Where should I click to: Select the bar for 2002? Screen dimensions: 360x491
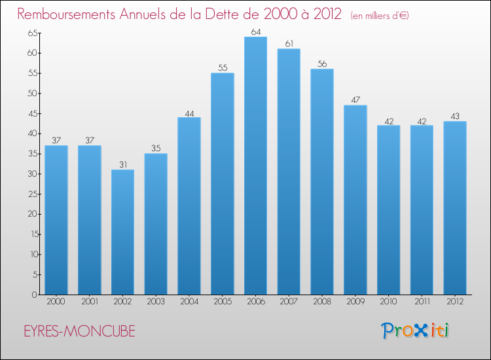(x=122, y=232)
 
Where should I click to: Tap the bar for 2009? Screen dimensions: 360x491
(x=355, y=200)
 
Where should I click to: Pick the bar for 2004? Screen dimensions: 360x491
(x=189, y=206)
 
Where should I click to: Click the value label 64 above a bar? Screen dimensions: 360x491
(x=255, y=31)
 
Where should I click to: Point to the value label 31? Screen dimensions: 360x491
(x=122, y=164)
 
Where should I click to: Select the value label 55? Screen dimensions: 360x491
(x=222, y=67)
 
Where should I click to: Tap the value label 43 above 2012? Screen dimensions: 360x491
(x=454, y=116)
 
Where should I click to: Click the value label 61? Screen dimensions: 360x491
(x=289, y=43)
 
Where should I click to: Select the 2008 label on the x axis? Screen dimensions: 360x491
(x=321, y=302)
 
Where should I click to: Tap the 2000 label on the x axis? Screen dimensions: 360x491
(x=56, y=302)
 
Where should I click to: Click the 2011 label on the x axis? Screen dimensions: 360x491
(x=421, y=302)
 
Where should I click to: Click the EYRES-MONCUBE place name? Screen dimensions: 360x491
(x=76, y=332)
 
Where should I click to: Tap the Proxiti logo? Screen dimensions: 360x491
(x=416, y=331)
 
